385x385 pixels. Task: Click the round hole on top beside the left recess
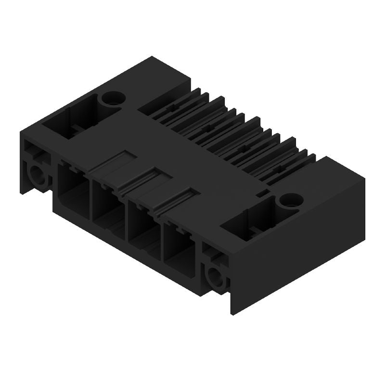113,99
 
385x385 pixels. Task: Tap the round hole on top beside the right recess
290,199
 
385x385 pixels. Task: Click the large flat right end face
298,250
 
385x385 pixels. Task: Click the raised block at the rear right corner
337,173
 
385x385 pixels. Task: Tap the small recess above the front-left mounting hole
34,153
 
